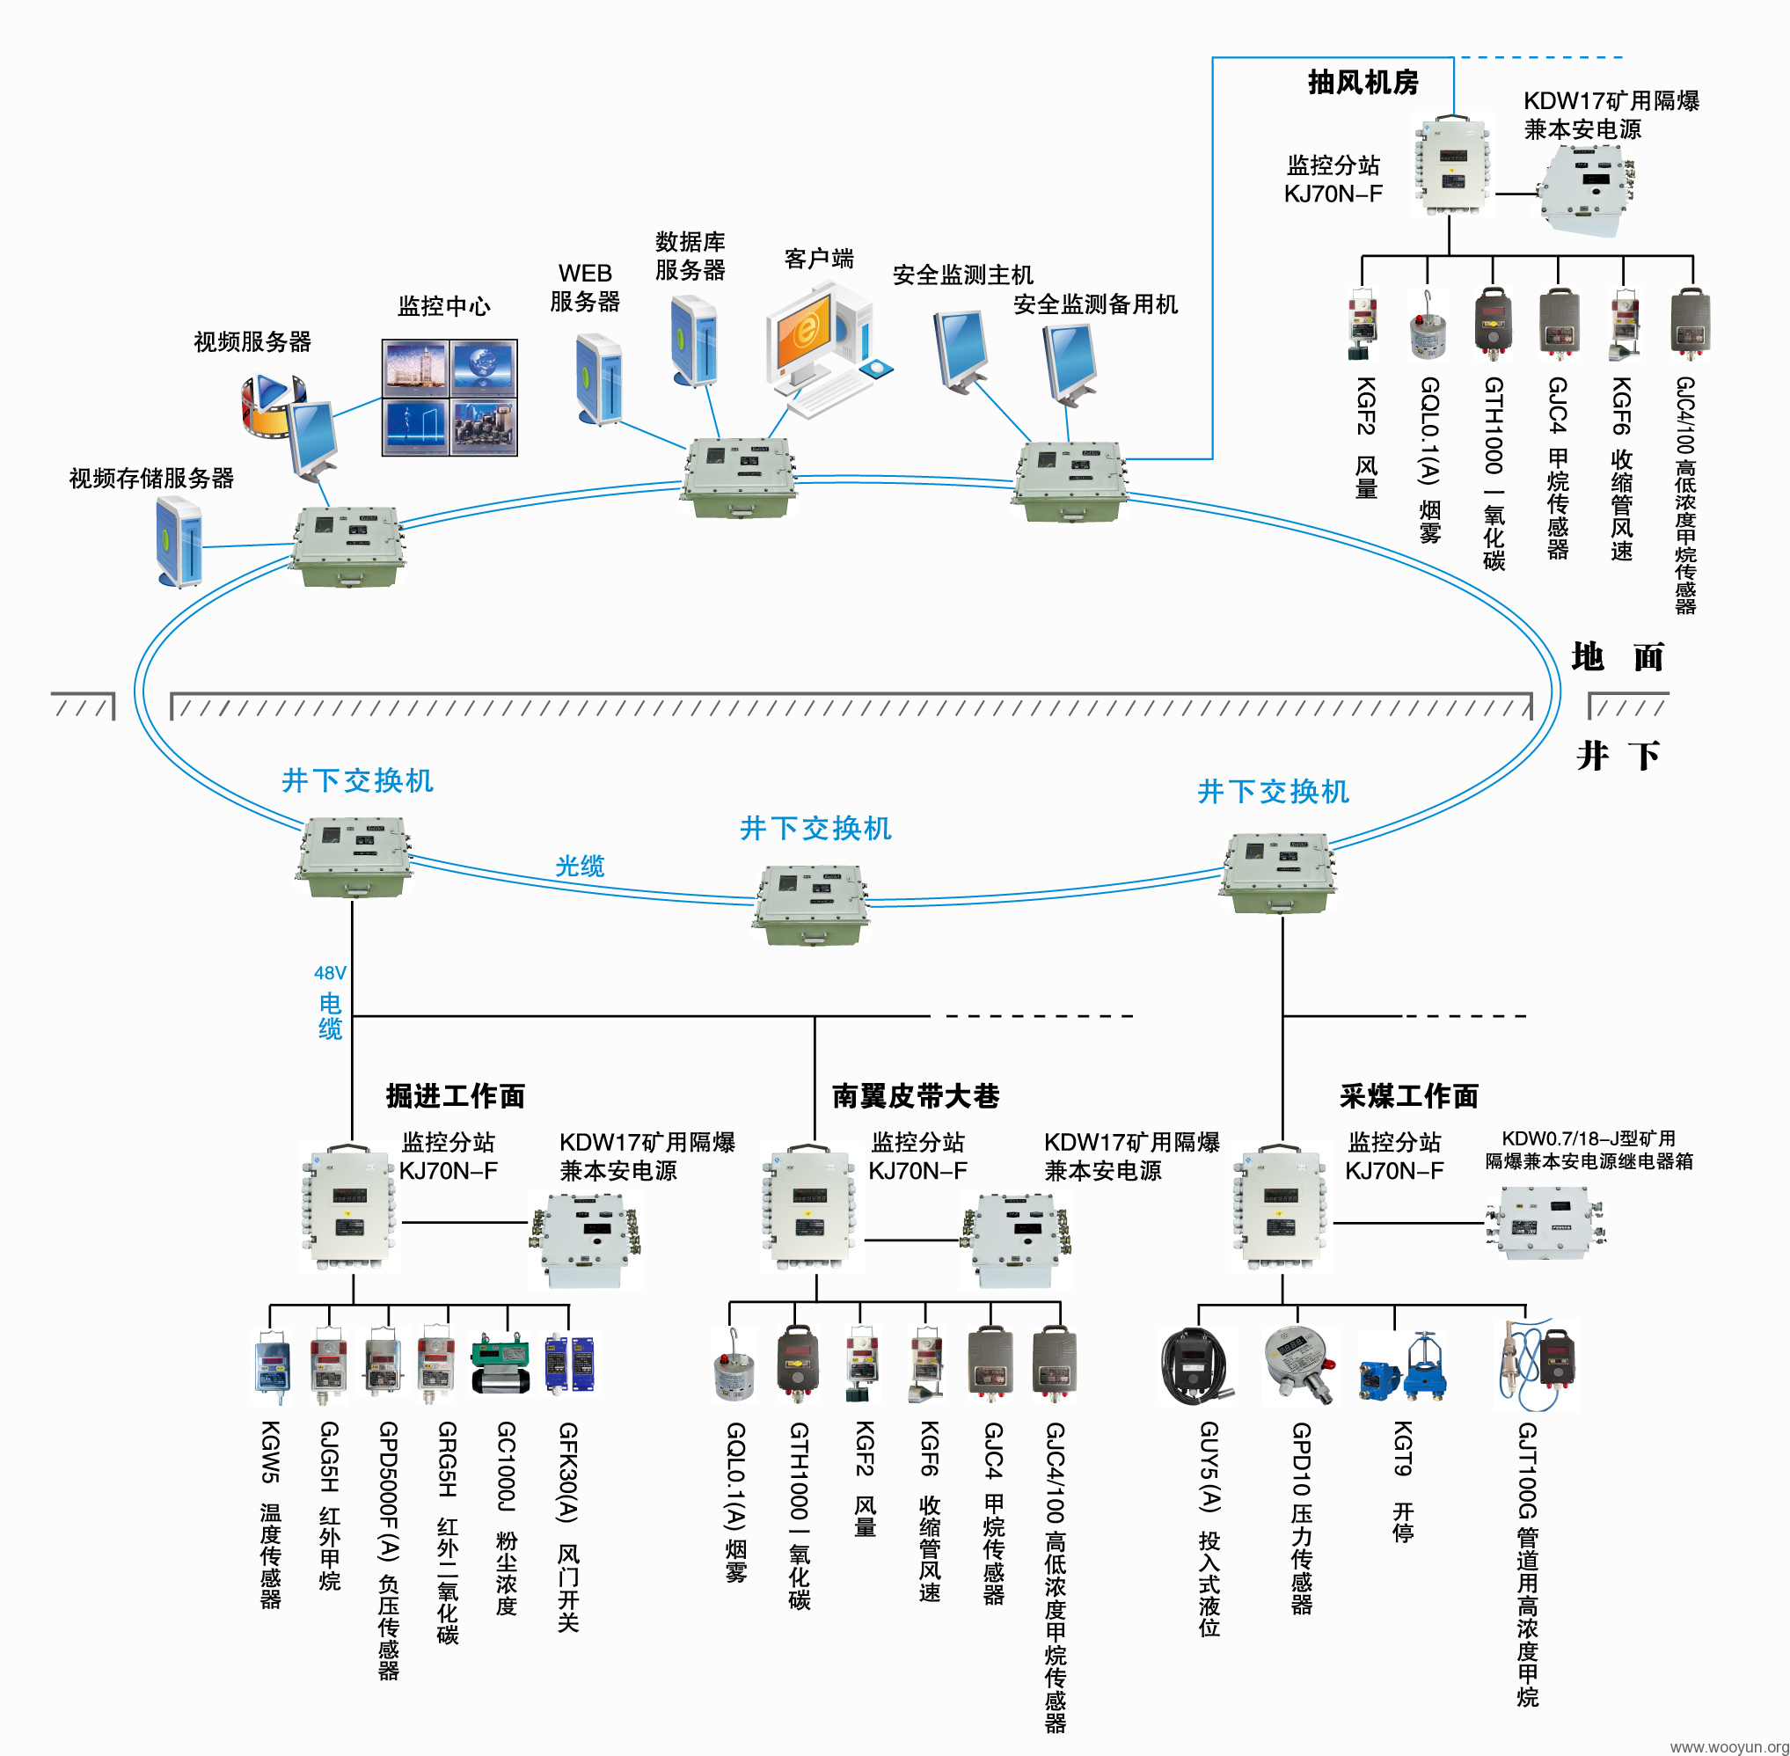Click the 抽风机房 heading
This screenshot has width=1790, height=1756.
[1363, 82]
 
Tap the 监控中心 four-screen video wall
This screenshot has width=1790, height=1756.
[450, 398]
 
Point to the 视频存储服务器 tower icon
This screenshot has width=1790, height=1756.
[179, 541]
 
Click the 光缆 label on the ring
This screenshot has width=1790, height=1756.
[580, 866]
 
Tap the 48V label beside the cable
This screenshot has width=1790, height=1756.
[330, 973]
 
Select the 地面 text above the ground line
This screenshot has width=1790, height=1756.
[1618, 657]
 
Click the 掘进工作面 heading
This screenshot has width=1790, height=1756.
[456, 1095]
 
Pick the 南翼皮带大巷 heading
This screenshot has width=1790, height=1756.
[916, 1095]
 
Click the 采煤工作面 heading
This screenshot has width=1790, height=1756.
[1409, 1095]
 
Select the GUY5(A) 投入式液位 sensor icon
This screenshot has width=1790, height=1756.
[1195, 1366]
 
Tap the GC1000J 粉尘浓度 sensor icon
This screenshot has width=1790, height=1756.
[500, 1363]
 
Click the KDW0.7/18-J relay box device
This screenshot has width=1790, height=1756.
[1545, 1222]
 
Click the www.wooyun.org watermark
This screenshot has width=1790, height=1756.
[1729, 1745]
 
